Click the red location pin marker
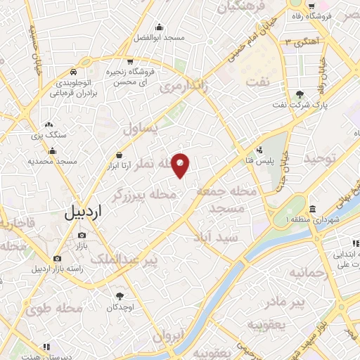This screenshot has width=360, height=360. (181, 165)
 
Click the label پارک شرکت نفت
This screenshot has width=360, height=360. (301, 108)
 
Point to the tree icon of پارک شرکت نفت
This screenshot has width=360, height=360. (301, 94)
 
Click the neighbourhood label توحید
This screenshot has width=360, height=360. (321, 159)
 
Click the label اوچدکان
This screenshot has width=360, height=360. (120, 308)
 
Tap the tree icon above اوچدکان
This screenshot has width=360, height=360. (120, 295)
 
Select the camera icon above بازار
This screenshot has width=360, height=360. (82, 235)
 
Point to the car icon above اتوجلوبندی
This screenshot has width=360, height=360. (74, 71)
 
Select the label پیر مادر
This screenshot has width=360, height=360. (288, 302)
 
